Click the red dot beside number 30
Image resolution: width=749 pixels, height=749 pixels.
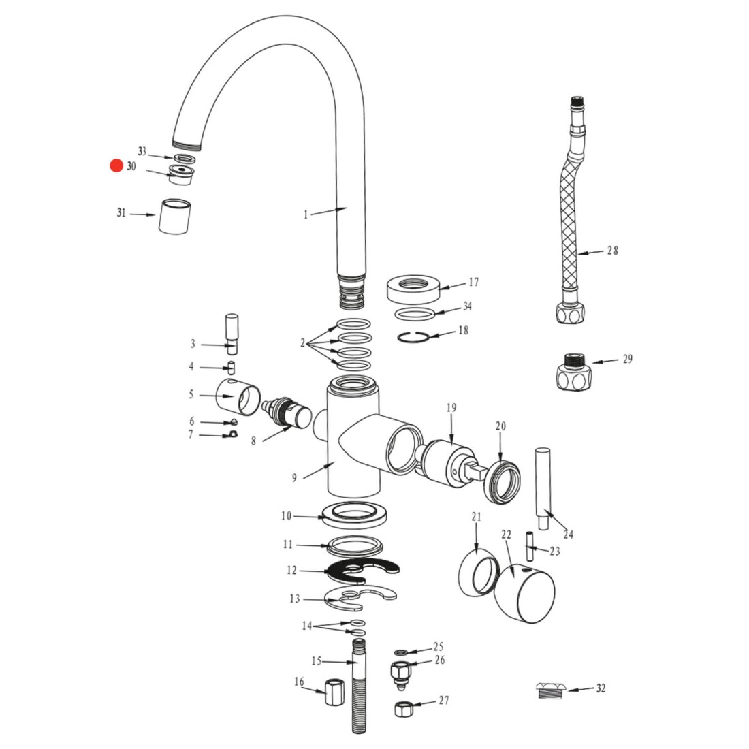[116, 165]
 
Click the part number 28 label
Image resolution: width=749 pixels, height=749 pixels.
[612, 251]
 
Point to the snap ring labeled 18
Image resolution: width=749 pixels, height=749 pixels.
[413, 337]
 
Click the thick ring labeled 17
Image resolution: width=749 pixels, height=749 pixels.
[414, 288]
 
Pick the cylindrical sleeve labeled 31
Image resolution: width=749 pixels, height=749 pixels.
[174, 217]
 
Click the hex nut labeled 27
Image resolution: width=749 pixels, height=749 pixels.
[403, 708]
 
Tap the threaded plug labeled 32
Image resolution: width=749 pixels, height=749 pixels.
[551, 690]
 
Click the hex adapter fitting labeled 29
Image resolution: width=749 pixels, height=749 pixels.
[574, 372]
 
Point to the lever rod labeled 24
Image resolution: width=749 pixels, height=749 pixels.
[543, 489]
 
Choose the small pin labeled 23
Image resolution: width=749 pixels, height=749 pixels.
[530, 547]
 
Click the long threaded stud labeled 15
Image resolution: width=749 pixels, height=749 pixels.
[359, 686]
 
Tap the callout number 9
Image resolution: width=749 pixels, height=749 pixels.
[294, 478]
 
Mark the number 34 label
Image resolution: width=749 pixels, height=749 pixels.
[467, 306]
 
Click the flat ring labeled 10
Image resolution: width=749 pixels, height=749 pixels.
[354, 515]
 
